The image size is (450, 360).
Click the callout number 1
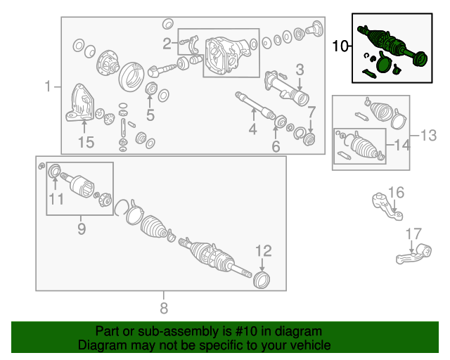click(x=48, y=86)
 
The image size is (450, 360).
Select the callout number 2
click(x=167, y=44)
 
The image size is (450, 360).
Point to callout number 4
click(x=252, y=129)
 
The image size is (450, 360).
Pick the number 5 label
click(x=150, y=115)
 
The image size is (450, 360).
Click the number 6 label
click(x=276, y=146)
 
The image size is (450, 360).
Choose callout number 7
click(x=311, y=111)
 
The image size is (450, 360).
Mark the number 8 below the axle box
click(x=164, y=307)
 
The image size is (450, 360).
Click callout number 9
click(x=81, y=229)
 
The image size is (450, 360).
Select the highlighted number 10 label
click(x=340, y=47)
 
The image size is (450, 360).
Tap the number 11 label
click(x=56, y=199)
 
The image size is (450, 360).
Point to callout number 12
click(x=262, y=250)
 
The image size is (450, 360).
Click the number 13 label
click(x=428, y=134)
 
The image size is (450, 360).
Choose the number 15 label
click(x=85, y=143)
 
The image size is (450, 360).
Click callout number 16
click(x=396, y=193)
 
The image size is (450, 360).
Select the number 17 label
click(x=413, y=233)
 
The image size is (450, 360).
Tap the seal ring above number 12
click(x=262, y=281)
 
